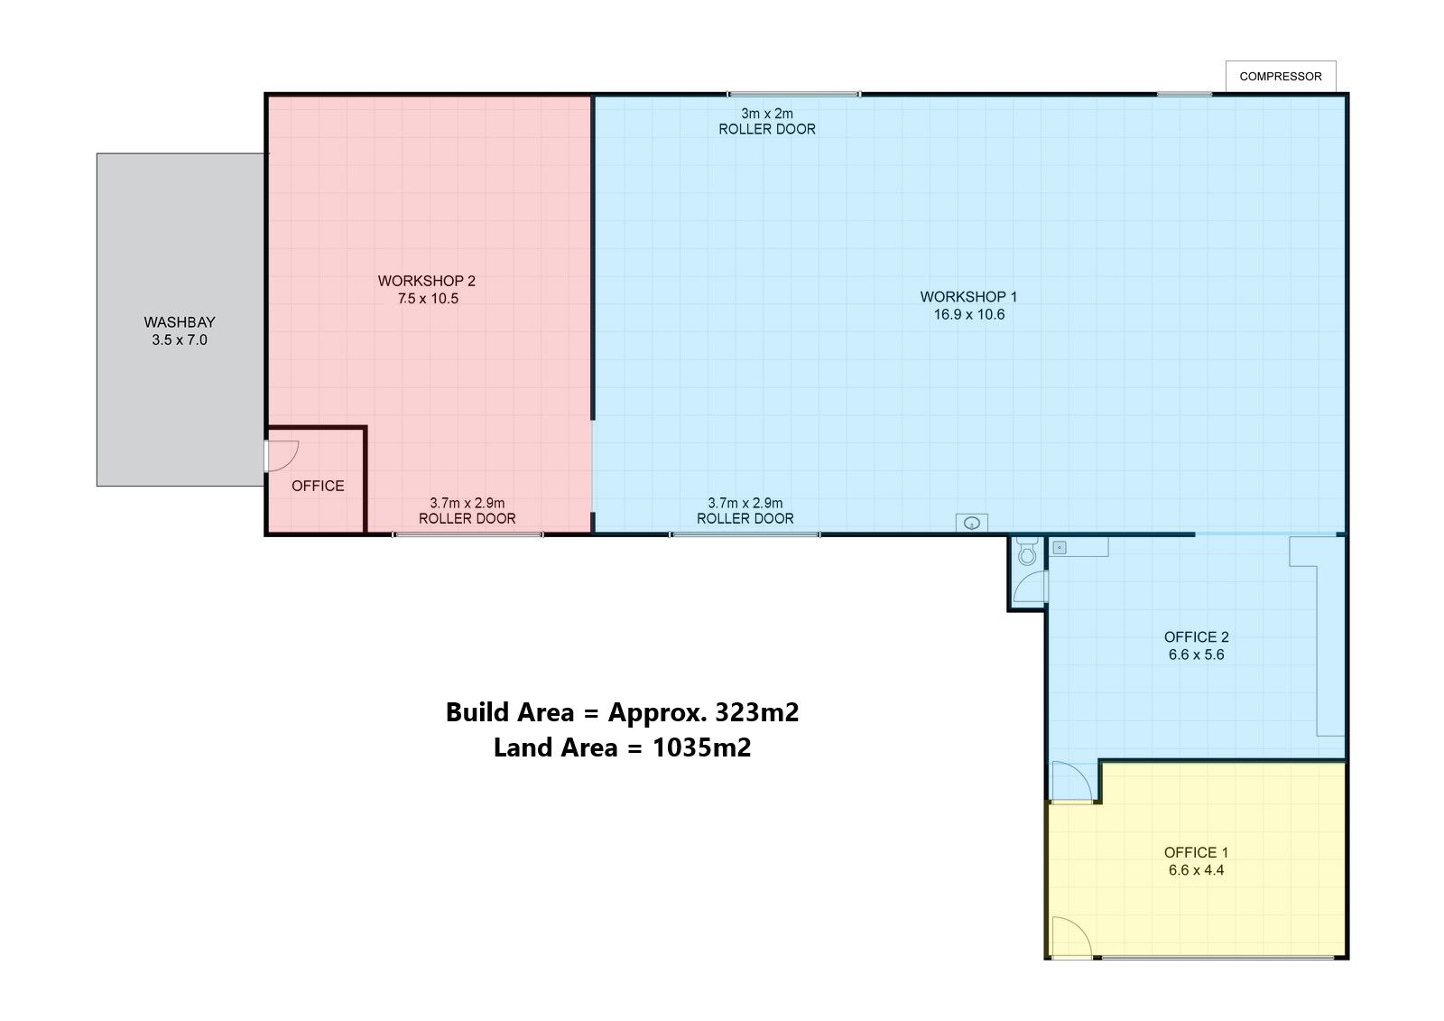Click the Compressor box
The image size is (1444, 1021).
[1281, 77]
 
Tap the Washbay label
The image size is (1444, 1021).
[180, 322]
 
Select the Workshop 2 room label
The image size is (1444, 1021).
[427, 281]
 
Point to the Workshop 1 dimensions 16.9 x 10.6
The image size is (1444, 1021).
[969, 315]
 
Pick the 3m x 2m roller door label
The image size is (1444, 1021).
[767, 121]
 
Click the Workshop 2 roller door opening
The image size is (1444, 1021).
[468, 534]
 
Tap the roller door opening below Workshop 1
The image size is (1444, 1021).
[745, 534]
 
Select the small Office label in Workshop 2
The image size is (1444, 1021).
[318, 486]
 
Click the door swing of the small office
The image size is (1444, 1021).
[282, 455]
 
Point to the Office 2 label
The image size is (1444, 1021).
[1197, 636]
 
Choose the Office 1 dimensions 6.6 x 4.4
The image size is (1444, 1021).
[1197, 870]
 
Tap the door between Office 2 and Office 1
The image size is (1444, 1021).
[1072, 782]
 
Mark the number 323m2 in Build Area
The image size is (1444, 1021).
[757, 712]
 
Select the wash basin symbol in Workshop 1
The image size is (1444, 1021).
[971, 523]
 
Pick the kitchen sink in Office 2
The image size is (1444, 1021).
[1060, 548]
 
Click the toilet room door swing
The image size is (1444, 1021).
[1030, 586]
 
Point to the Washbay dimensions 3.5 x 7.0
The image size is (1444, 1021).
[180, 340]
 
